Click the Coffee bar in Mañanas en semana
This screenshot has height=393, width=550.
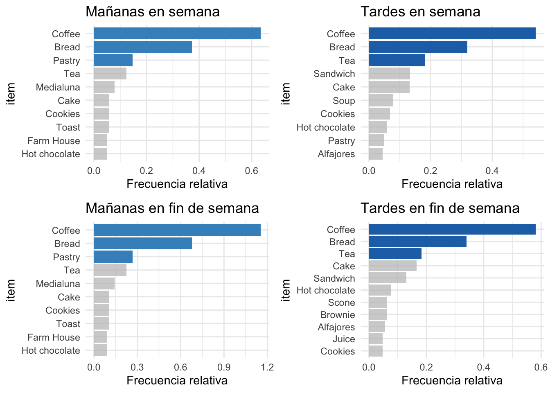coord(177,34)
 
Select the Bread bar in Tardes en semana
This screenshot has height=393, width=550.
coord(418,47)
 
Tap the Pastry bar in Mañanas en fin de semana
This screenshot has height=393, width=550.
coord(113,257)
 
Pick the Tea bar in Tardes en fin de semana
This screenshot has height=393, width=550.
coord(395,254)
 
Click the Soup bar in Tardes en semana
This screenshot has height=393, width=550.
coord(381,100)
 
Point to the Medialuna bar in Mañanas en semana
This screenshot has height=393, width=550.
coord(104,87)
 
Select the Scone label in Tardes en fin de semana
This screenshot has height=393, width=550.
coord(341,303)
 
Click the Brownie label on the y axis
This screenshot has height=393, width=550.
coord(338,315)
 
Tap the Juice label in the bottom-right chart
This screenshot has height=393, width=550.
coord(344,339)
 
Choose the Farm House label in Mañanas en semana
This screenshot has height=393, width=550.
coord(54,141)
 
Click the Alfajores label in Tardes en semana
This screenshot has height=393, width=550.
coord(336,154)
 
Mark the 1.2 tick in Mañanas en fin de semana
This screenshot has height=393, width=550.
coord(267,367)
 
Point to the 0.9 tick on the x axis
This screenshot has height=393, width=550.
coord(224,367)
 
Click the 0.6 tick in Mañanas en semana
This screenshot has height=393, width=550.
coord(251,171)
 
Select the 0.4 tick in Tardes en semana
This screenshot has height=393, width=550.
coord(492,171)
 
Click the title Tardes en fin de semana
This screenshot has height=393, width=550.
coord(440,208)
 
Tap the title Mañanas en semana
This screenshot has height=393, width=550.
coord(152,11)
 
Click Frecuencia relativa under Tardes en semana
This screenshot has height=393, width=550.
coord(452,184)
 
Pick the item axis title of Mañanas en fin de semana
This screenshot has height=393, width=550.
coord(11,290)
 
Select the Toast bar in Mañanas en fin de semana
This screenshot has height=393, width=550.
coord(101,323)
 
